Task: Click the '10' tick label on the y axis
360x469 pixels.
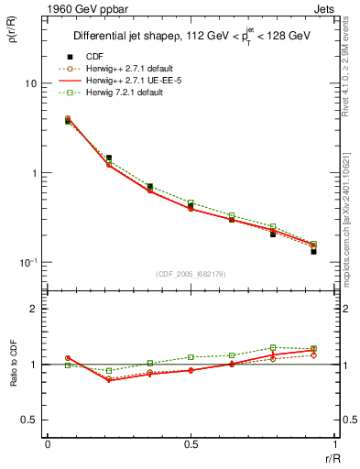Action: [29, 83]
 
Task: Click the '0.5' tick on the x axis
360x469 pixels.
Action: [191, 444]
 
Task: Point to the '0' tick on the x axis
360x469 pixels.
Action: [48, 444]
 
